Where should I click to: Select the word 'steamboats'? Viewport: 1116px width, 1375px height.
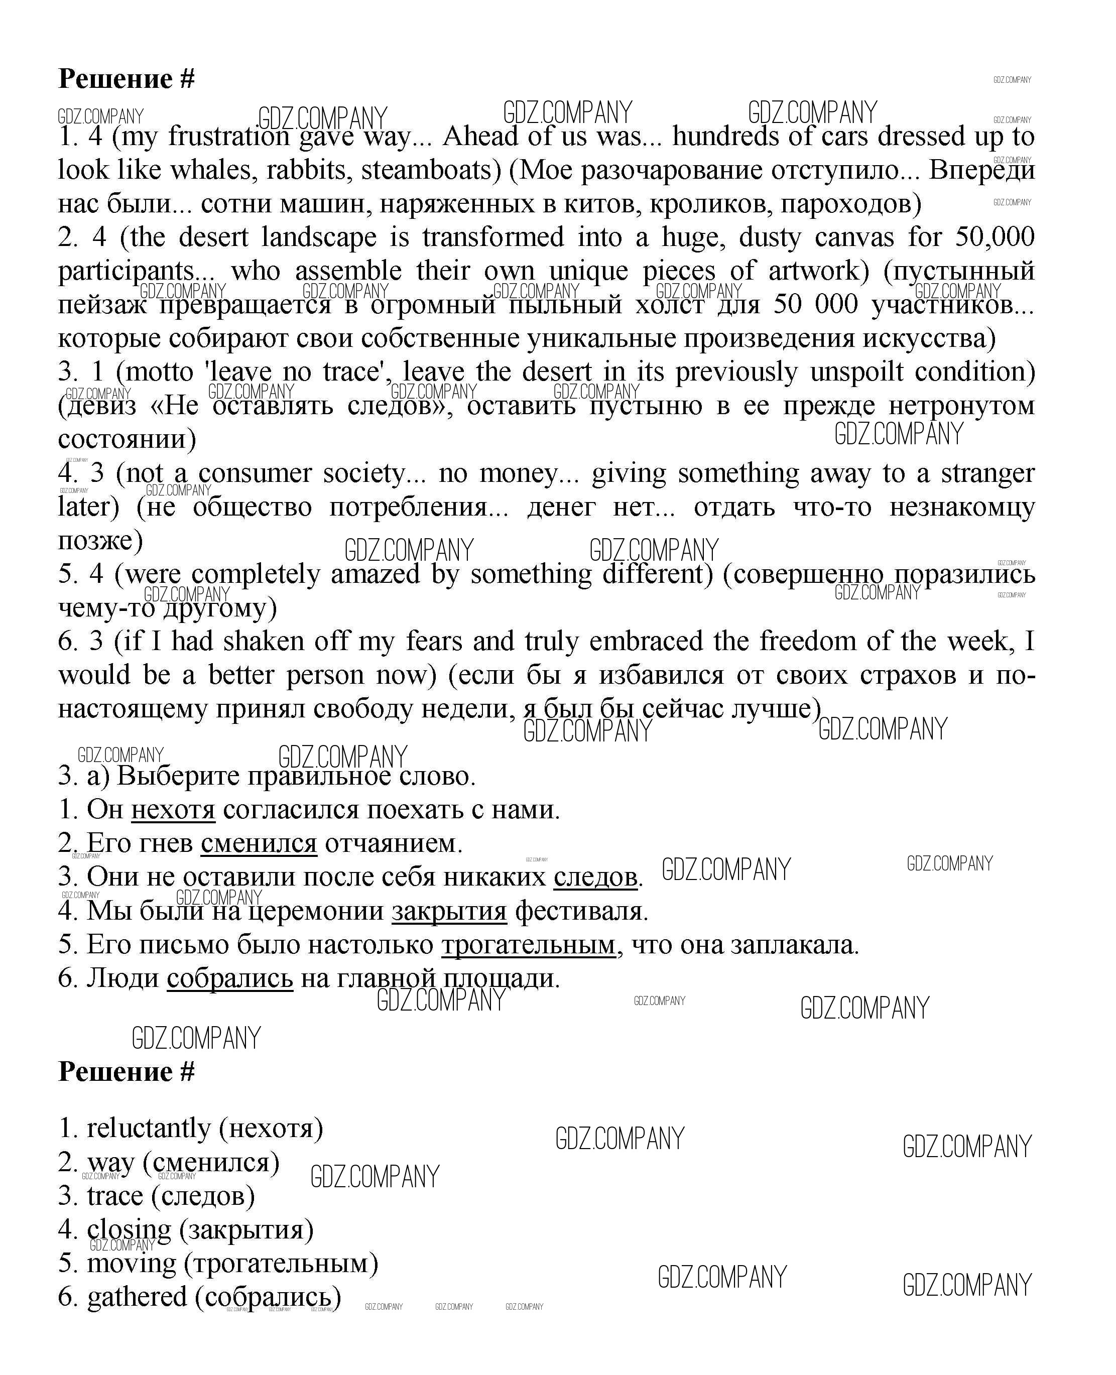coord(428,170)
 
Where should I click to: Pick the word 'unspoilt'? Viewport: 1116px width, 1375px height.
coord(855,372)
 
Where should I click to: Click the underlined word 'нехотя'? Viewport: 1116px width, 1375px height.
coord(173,809)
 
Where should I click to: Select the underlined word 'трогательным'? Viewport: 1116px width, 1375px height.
coord(529,944)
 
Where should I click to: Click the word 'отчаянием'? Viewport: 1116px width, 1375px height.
coord(394,843)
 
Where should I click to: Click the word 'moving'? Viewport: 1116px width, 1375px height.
coord(131,1263)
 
